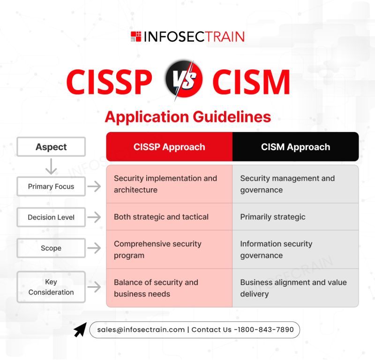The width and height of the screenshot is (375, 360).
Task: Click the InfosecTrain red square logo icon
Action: (x=136, y=37)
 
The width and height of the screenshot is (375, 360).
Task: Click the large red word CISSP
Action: (x=109, y=82)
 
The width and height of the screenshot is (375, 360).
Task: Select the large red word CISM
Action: (x=251, y=82)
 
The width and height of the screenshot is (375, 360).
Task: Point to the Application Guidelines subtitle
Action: (x=188, y=117)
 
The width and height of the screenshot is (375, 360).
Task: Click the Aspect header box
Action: (x=51, y=147)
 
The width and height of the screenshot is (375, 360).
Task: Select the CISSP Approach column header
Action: (x=169, y=146)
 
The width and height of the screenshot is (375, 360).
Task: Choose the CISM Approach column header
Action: (x=296, y=146)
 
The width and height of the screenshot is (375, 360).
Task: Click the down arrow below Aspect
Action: (x=51, y=166)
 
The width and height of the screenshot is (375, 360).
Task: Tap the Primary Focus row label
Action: (x=51, y=186)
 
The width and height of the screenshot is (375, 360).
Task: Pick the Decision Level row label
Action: (x=51, y=217)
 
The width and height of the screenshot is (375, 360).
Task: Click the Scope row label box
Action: (x=51, y=248)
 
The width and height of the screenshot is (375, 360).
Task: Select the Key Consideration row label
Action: (x=51, y=287)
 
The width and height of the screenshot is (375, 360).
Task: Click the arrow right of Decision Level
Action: (x=94, y=217)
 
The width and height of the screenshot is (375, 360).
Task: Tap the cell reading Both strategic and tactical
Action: (x=169, y=217)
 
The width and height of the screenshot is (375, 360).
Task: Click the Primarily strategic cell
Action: (x=296, y=217)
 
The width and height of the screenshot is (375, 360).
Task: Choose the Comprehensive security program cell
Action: (x=169, y=250)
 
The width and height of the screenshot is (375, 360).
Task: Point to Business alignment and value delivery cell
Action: (x=296, y=288)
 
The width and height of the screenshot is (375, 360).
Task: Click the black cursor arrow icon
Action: (x=80, y=330)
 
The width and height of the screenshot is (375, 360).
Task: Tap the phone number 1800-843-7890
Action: (x=264, y=329)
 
